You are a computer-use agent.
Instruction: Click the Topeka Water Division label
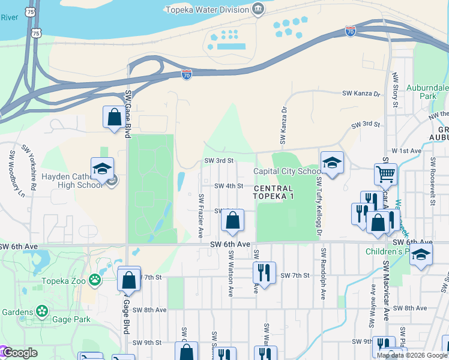pyautogui.click(x=208, y=10)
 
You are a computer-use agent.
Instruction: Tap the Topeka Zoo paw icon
pyautogui.click(x=95, y=280)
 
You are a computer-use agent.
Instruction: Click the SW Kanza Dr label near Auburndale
pyautogui.click(x=361, y=94)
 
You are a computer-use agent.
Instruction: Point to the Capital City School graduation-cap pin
pyautogui.click(x=331, y=162)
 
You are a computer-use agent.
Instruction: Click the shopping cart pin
pyautogui.click(x=385, y=174)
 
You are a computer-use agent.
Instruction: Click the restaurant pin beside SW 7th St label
pyautogui.click(x=264, y=272)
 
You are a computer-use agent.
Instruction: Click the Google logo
pyautogui.click(x=19, y=353)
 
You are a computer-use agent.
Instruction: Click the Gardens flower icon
pyautogui.click(x=42, y=311)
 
